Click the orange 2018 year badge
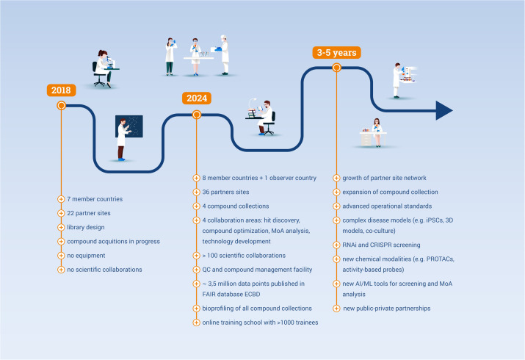pyautogui.click(x=61, y=90)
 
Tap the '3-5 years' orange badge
pyautogui.click(x=336, y=52)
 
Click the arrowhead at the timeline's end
pyautogui.click(x=443, y=110)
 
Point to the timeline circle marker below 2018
pyautogui.click(x=61, y=106)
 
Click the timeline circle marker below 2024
pyautogui.click(x=196, y=115)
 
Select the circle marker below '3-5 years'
pyautogui.click(x=336, y=68)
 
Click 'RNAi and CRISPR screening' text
pyautogui.click(x=381, y=244)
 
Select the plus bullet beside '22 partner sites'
pyautogui.click(x=61, y=213)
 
